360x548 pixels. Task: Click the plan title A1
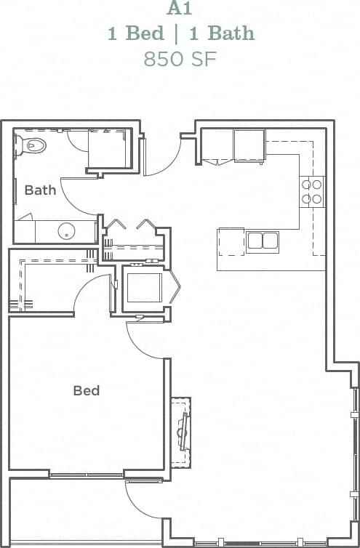coord(179,9)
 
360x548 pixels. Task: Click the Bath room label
coord(40,190)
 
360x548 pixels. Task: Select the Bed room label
coord(86,391)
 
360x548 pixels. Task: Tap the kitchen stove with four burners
coord(313,191)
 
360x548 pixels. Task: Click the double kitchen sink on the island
coord(262,241)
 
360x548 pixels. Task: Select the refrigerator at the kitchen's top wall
coord(249,145)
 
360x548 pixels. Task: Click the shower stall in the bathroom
coord(109,149)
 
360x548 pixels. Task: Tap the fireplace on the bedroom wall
coord(181,433)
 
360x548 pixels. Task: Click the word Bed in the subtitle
coord(137,33)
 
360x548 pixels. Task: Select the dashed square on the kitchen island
coord(231,242)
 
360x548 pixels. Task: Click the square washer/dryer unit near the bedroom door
coord(143,288)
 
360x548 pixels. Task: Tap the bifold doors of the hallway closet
coord(131,224)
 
